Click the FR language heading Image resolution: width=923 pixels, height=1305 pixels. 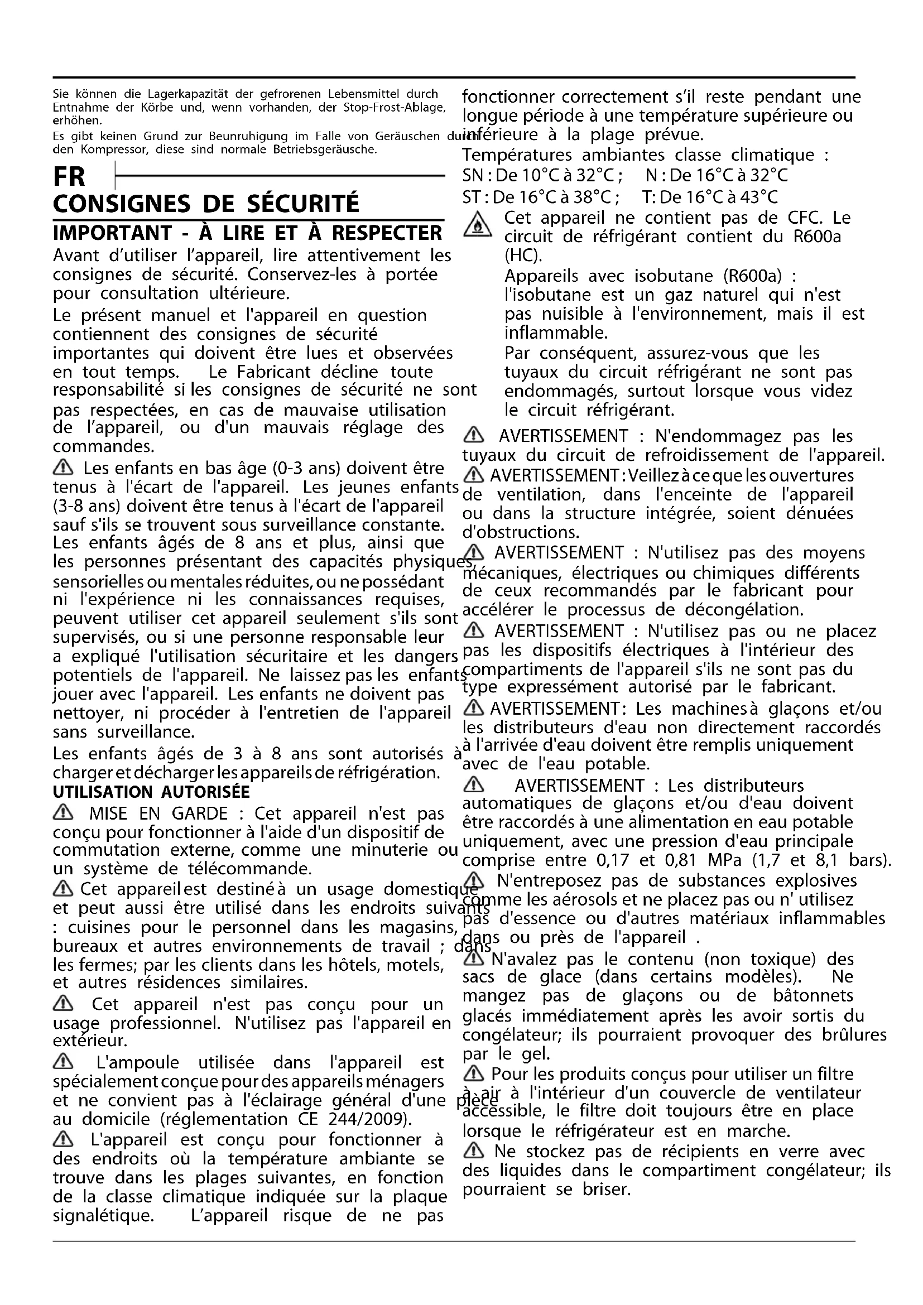tap(69, 177)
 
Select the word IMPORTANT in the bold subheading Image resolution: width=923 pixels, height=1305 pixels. tap(112, 233)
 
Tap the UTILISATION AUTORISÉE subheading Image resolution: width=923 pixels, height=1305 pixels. tap(151, 792)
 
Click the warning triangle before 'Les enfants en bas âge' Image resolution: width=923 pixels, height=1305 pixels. tap(63, 467)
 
